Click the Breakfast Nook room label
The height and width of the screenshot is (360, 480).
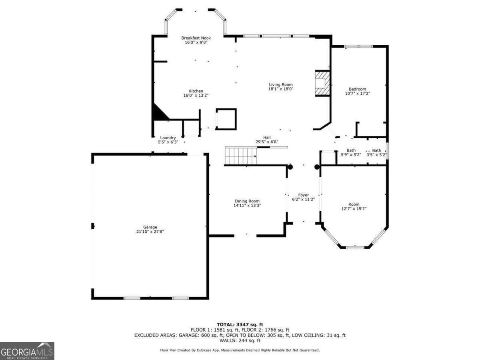(x=196, y=38)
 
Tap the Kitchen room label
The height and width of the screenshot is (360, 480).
(x=196, y=91)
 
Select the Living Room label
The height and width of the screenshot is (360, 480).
(x=280, y=84)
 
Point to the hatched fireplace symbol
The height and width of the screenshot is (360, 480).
(x=322, y=83)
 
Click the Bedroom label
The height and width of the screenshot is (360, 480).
(x=357, y=89)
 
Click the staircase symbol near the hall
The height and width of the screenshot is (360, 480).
(x=240, y=156)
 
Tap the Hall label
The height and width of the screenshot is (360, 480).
(x=267, y=137)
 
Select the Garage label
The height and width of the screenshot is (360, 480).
(x=150, y=227)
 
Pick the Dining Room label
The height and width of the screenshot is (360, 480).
(x=247, y=201)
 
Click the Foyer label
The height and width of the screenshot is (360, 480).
(x=304, y=195)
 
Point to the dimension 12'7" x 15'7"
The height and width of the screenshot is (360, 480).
(x=354, y=208)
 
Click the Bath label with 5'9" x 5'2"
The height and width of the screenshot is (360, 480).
(x=351, y=150)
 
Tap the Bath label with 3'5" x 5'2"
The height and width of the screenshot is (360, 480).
(x=376, y=150)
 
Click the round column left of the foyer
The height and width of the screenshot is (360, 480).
(x=290, y=167)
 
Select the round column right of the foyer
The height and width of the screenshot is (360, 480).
(x=317, y=167)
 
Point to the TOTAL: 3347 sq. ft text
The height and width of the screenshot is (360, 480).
(x=240, y=324)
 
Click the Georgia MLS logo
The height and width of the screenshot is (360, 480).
(x=27, y=351)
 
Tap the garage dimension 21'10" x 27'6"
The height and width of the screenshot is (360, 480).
(x=150, y=232)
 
